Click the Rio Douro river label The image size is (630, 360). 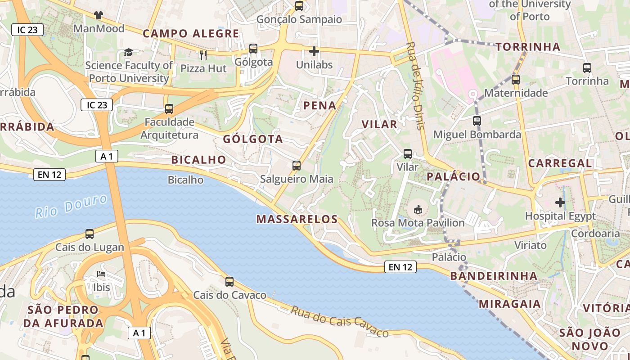click(72, 206)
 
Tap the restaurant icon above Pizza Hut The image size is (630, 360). click(203, 55)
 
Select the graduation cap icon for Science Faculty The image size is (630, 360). click(128, 53)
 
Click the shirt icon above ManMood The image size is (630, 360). click(99, 15)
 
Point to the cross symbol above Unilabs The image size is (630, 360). click(314, 51)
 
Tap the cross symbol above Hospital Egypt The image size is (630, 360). click(560, 202)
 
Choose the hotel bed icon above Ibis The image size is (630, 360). click(101, 274)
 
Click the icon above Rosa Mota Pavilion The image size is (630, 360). click(418, 209)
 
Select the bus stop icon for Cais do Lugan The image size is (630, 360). click(90, 234)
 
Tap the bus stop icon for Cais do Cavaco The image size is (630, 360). click(229, 282)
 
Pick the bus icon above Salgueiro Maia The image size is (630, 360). click(296, 166)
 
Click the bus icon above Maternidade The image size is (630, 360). click(516, 80)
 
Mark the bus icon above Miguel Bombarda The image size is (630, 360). click(477, 121)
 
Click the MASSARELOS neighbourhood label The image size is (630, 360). click(297, 220)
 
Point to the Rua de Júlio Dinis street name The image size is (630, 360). click(415, 85)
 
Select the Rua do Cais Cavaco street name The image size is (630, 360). click(339, 321)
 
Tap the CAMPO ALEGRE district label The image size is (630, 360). click(191, 33)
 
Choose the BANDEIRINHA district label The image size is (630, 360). click(494, 276)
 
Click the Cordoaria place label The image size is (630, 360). click(595, 234)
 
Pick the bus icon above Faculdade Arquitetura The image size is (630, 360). click(169, 109)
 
